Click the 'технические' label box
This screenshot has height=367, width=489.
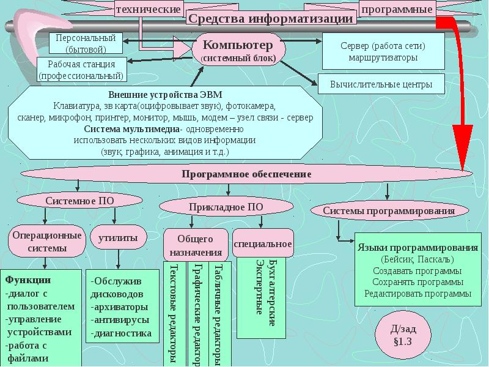(148, 9)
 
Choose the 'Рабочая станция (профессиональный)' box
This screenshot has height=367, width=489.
(81, 70)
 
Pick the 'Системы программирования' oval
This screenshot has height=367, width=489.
(389, 211)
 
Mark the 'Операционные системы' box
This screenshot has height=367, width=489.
(46, 242)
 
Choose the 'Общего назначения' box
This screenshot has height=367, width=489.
(196, 245)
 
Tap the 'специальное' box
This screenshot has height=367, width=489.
(263, 244)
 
